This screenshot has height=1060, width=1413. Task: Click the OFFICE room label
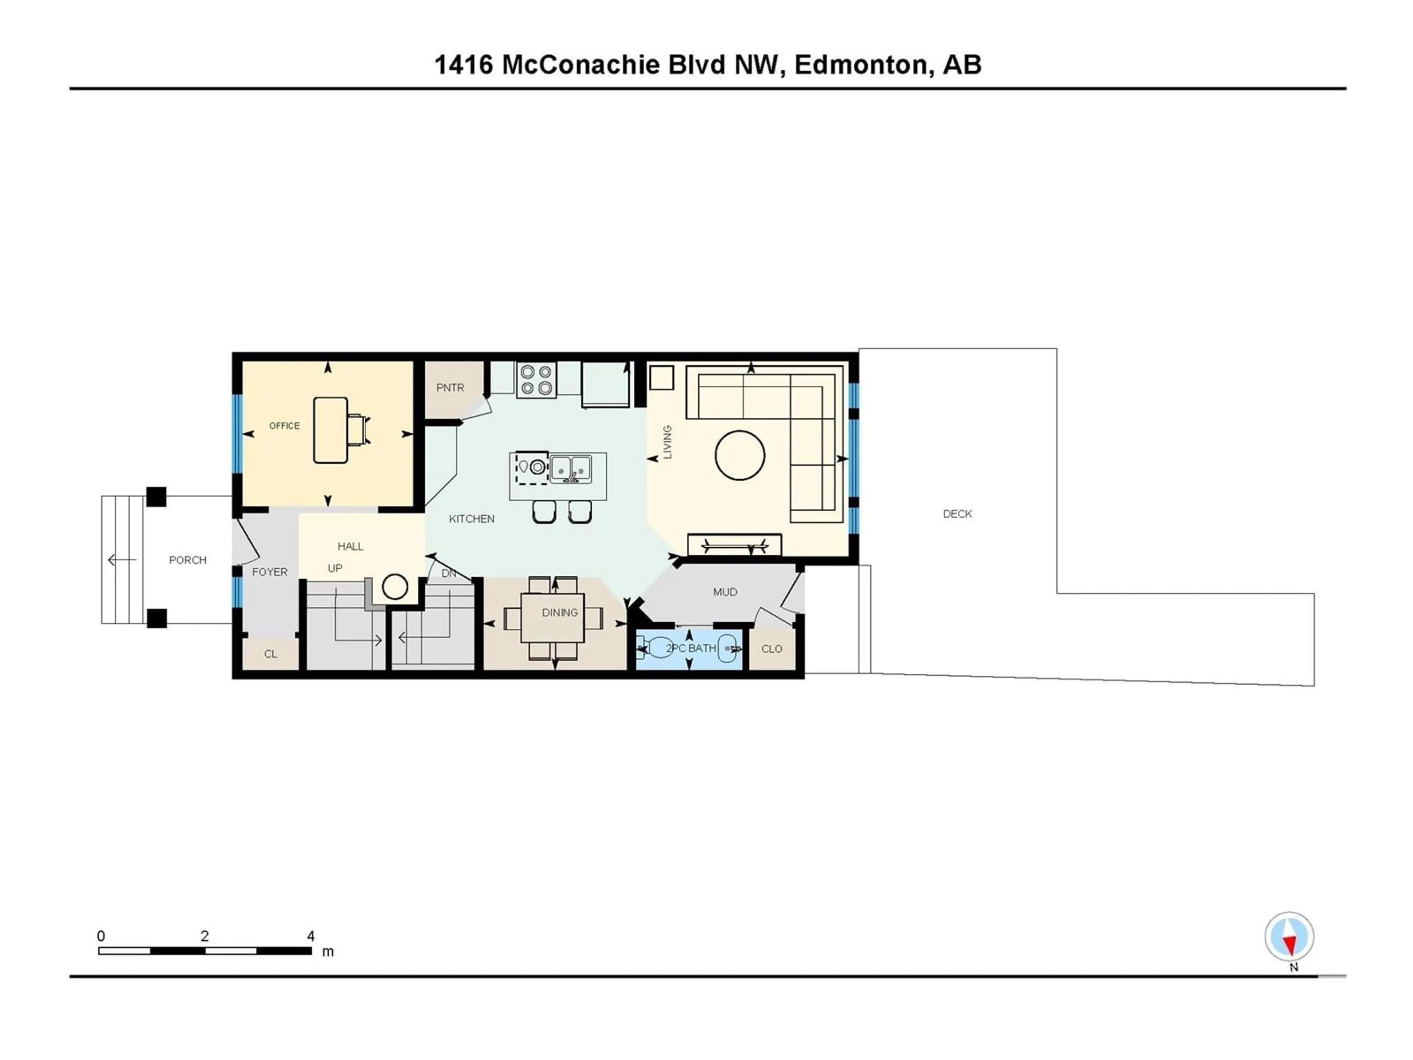[284, 425]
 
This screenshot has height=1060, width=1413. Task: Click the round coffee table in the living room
[740, 455]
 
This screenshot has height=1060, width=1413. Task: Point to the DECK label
[957, 514]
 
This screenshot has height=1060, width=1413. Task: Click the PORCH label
[188, 560]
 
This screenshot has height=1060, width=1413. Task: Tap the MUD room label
[725, 592]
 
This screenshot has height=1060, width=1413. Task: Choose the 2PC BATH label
[691, 648]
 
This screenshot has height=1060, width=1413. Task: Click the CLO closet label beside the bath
[772, 649]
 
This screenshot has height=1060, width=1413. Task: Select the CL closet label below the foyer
[271, 654]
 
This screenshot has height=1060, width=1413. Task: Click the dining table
[553, 618]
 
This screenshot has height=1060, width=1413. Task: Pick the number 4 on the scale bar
[311, 936]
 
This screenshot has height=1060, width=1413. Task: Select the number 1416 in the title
[464, 64]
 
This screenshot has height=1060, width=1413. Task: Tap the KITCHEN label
[471, 519]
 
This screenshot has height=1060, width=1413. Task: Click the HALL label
[350, 546]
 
